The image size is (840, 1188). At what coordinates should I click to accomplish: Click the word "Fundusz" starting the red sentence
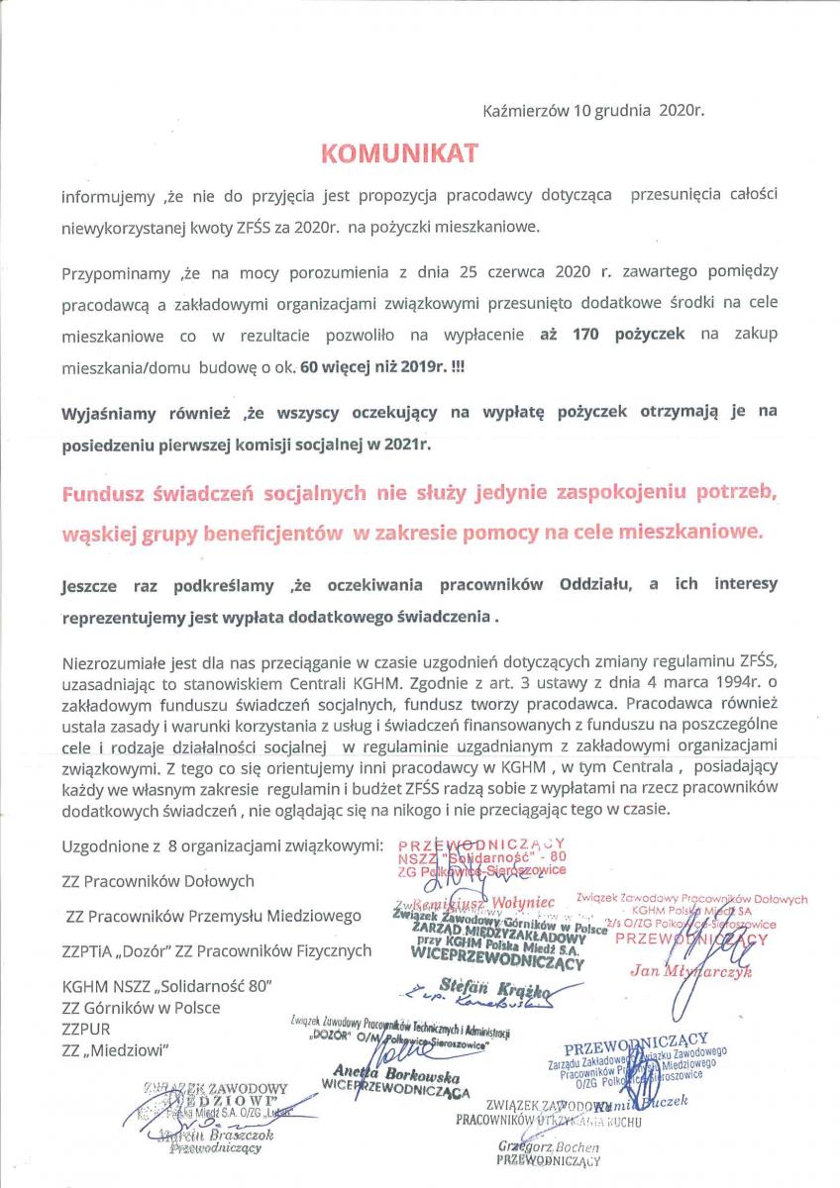pyautogui.click(x=109, y=494)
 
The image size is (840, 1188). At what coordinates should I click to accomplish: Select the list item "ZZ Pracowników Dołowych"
pyautogui.click(x=158, y=880)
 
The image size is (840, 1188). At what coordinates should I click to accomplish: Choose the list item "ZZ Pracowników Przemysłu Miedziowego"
pyautogui.click(x=213, y=916)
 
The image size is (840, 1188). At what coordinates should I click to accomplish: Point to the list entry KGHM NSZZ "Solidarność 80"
pyautogui.click(x=167, y=987)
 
